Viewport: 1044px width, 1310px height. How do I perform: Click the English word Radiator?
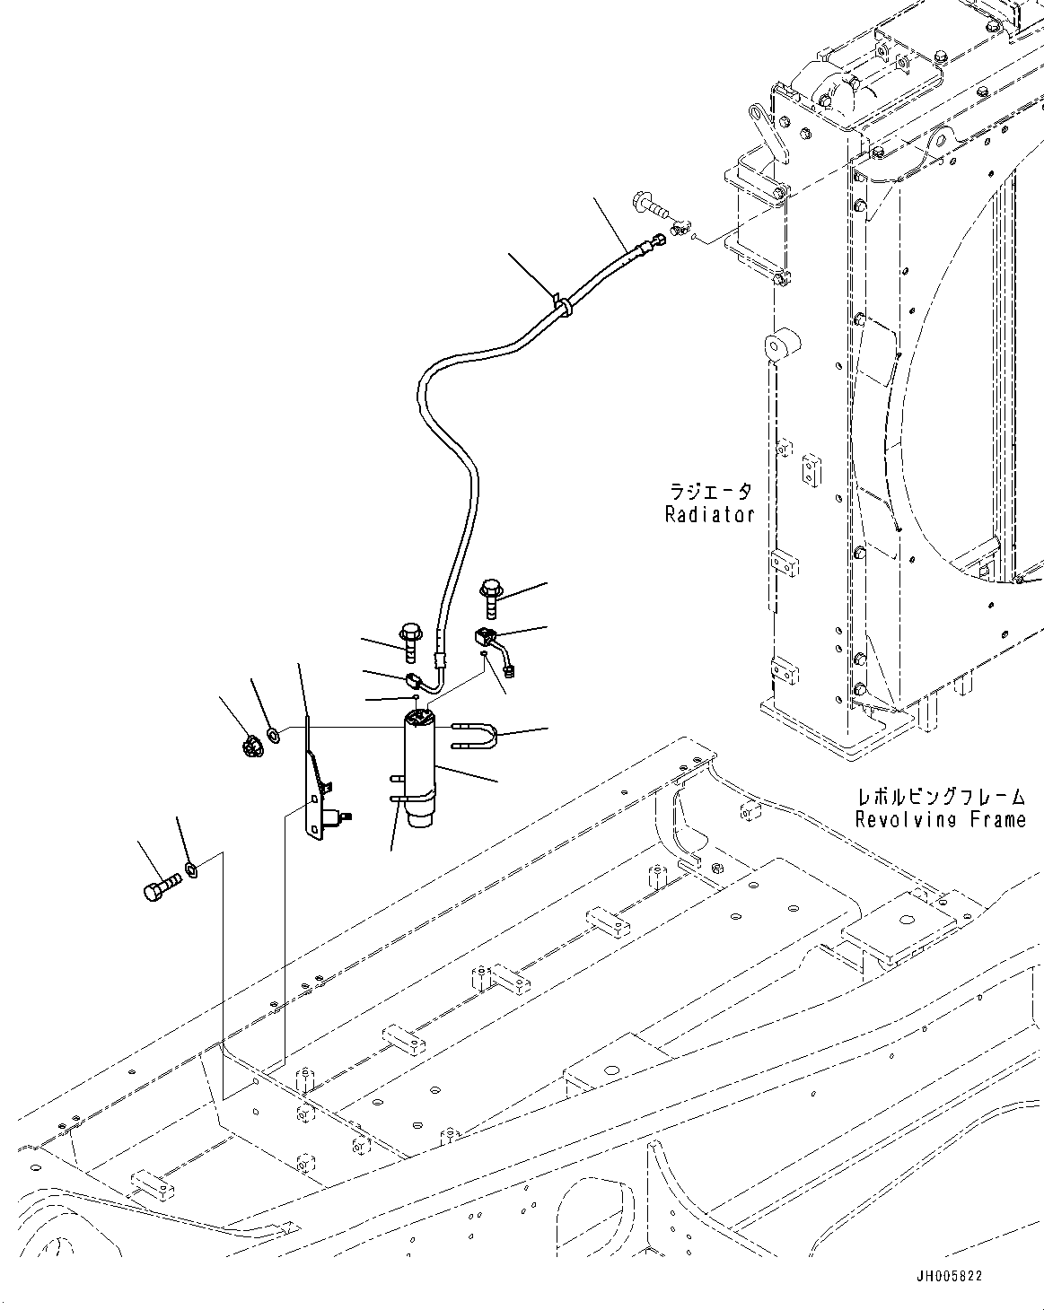point(709,515)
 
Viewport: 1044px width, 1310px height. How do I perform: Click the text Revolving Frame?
point(940,819)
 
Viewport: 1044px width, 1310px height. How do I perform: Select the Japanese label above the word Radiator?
point(710,492)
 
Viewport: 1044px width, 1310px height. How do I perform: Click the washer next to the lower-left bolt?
point(190,868)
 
